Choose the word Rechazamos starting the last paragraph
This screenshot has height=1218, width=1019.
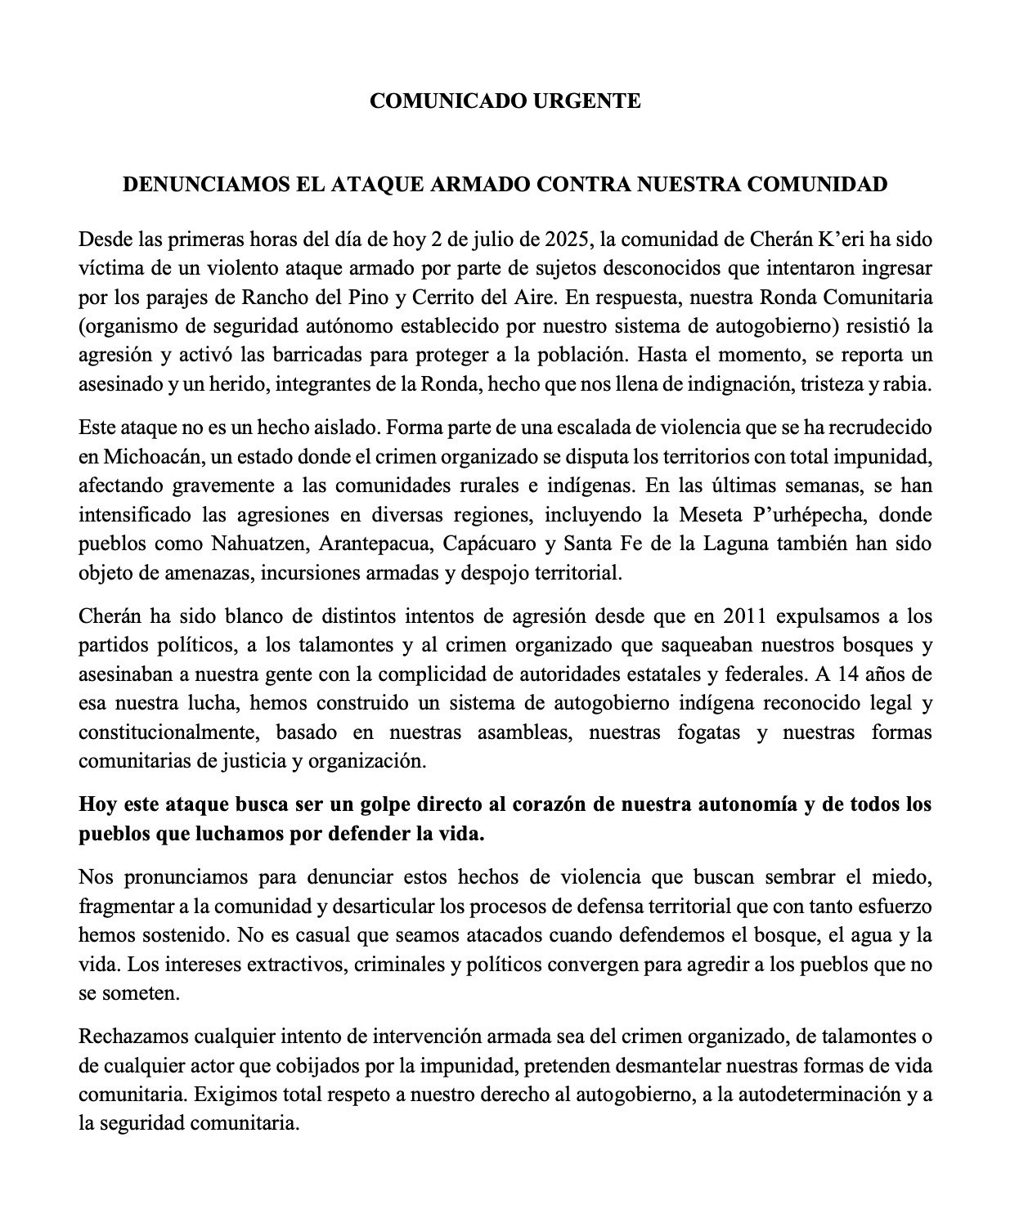coord(130,1037)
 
